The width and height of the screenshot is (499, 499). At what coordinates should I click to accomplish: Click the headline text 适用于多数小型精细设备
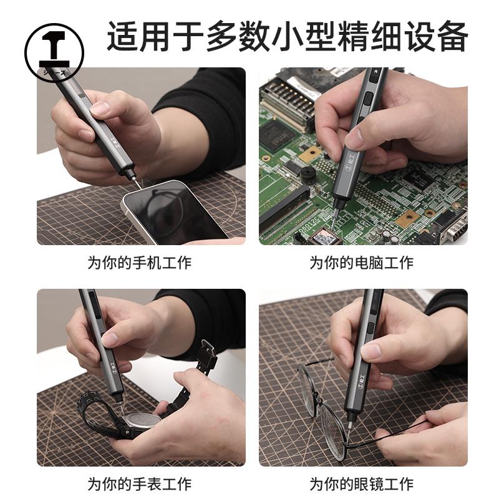[x=288, y=36]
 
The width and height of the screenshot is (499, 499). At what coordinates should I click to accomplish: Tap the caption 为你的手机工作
[x=139, y=263]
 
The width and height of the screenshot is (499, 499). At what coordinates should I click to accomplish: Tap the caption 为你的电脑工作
[x=362, y=263]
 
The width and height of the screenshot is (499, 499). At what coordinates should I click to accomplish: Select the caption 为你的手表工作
[x=139, y=483]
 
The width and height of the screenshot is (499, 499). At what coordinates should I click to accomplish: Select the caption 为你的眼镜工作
[x=362, y=483]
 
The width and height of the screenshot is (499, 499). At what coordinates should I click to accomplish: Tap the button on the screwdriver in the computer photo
[x=369, y=99]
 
